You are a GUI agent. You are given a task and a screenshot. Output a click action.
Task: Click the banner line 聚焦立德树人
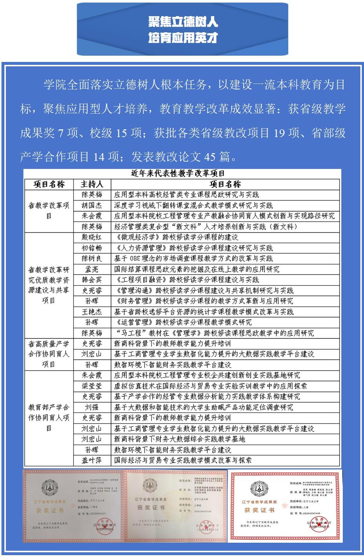183,22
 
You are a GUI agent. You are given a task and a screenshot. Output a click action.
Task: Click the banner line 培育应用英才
183,37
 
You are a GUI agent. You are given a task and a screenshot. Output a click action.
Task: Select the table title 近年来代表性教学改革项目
178,173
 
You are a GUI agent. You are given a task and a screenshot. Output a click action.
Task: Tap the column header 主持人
92,184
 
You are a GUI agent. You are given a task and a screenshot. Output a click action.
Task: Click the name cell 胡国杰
92,205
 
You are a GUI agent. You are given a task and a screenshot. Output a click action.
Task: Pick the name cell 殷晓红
92,237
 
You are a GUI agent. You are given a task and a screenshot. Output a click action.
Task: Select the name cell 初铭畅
92,248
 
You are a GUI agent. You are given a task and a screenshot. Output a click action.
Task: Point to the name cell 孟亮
92,269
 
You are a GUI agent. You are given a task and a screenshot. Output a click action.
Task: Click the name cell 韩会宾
92,280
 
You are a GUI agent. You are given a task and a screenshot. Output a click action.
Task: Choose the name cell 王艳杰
92,312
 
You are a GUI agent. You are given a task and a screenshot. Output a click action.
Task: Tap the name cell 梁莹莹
92,386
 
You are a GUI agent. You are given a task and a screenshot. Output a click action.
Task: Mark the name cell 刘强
92,407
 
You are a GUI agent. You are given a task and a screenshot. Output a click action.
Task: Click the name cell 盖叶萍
92,460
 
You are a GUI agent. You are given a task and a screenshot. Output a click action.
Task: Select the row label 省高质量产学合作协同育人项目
49,354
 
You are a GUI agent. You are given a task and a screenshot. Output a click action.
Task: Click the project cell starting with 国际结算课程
197,269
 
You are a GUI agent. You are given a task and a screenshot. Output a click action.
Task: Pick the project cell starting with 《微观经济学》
176,237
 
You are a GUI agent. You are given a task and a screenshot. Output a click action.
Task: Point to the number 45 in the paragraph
210,157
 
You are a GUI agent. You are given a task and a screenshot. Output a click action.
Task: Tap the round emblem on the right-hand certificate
259,488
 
